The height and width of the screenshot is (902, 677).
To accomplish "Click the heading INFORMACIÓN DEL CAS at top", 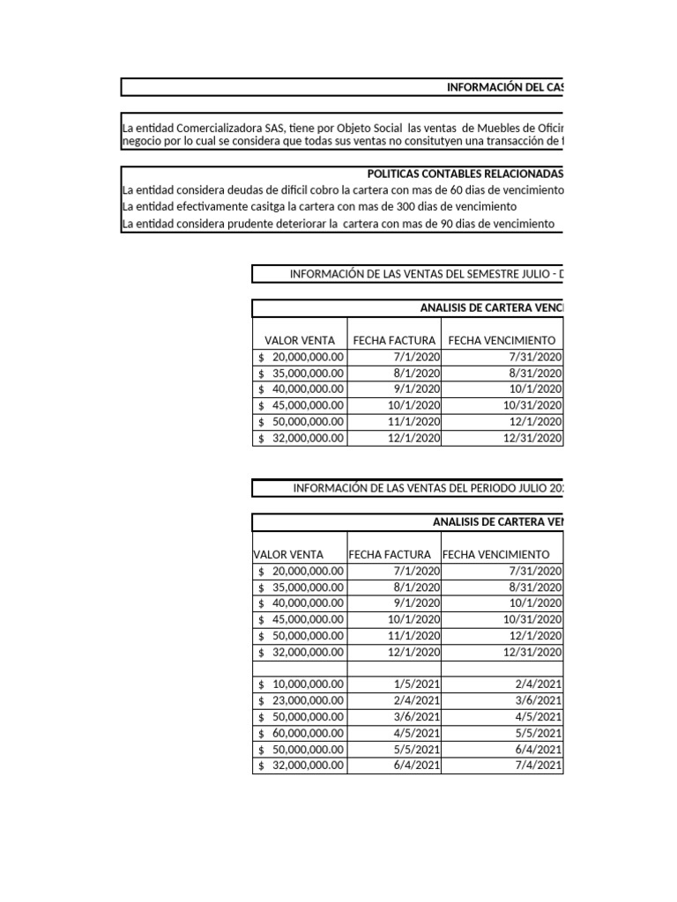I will [x=504, y=87].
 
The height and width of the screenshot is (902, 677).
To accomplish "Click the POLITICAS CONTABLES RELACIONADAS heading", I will [x=465, y=174].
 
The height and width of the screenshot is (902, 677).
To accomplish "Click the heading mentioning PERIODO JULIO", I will [x=428, y=489].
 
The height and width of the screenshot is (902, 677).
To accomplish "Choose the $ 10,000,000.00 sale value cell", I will [x=301, y=684].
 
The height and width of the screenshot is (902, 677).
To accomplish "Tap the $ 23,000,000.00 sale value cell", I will [x=301, y=700].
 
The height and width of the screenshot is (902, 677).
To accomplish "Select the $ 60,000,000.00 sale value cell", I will [x=301, y=733].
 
